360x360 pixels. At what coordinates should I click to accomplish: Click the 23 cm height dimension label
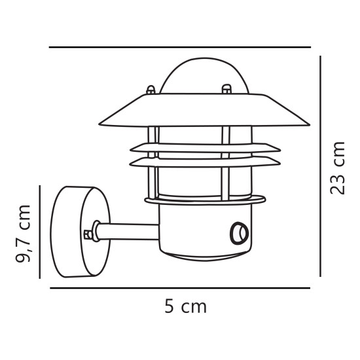(337, 168)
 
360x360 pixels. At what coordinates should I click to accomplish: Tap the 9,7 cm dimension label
(23, 234)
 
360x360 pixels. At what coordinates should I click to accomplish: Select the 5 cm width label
(185, 306)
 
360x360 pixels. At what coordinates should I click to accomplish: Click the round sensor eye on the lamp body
(239, 233)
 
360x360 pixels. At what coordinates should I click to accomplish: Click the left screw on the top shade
(151, 90)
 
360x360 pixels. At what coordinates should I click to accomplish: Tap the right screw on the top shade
(226, 89)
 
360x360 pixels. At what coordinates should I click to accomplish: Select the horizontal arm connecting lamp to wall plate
(128, 232)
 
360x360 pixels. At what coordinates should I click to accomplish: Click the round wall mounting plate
(81, 232)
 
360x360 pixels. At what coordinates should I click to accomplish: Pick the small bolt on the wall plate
(88, 234)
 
